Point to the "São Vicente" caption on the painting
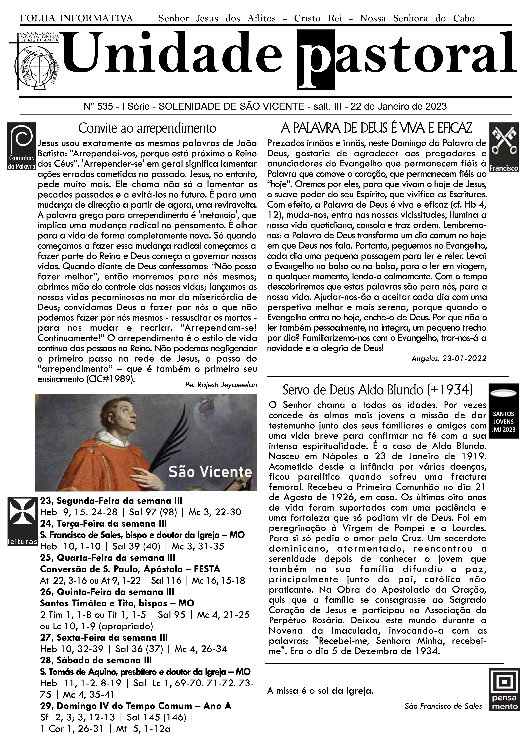[x=210, y=472]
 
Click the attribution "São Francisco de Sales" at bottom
[x=443, y=706]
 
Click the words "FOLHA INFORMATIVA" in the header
[x=77, y=18]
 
